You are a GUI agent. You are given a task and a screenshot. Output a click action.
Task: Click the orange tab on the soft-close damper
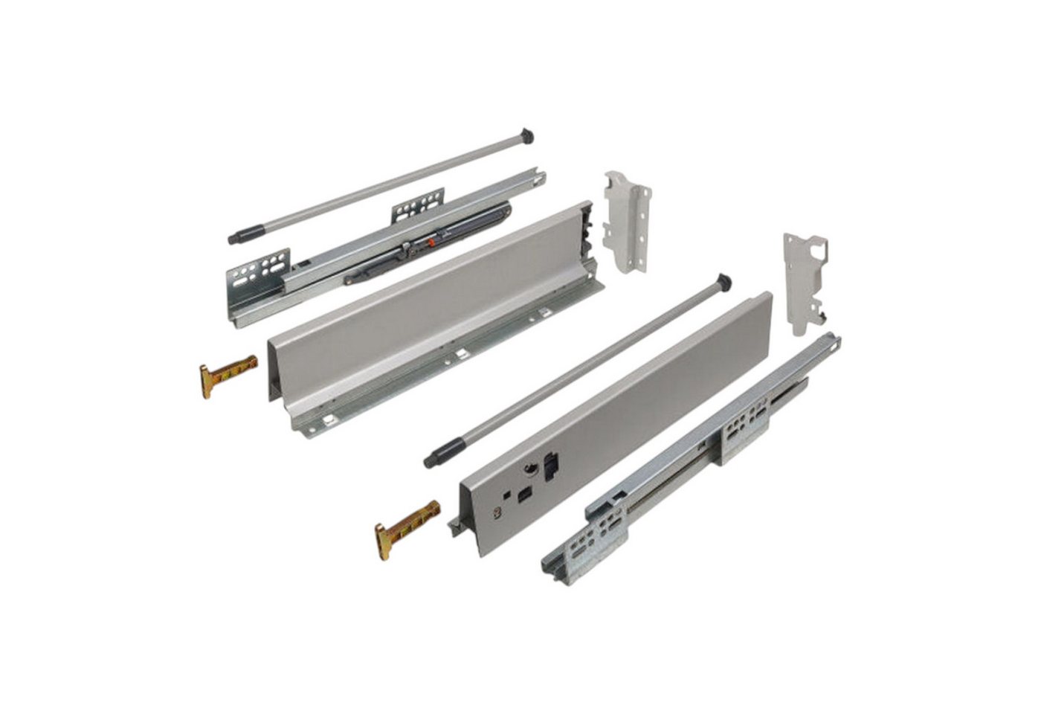[428, 242]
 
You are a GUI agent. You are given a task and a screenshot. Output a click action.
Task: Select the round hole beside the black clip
[530, 469]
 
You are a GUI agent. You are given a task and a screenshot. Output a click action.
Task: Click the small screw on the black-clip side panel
[492, 512]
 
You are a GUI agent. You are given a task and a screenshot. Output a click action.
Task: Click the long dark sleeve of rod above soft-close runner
[245, 234]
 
